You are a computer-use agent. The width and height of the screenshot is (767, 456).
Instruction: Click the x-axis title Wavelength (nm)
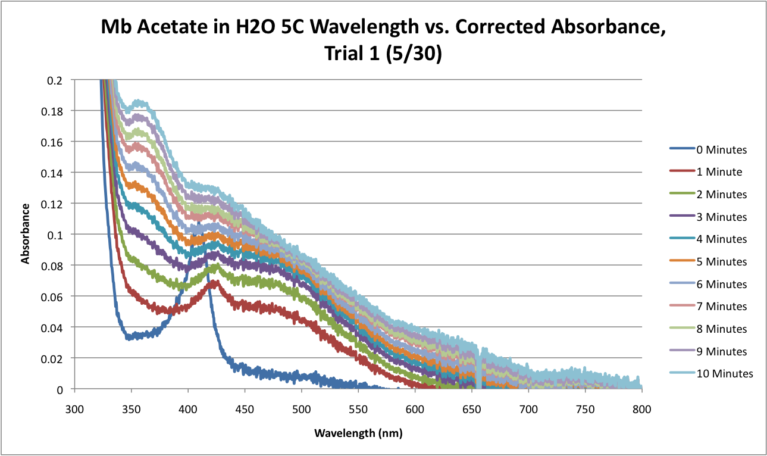coord(358,433)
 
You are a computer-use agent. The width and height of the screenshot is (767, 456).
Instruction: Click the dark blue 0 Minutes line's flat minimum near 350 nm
coord(134,336)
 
